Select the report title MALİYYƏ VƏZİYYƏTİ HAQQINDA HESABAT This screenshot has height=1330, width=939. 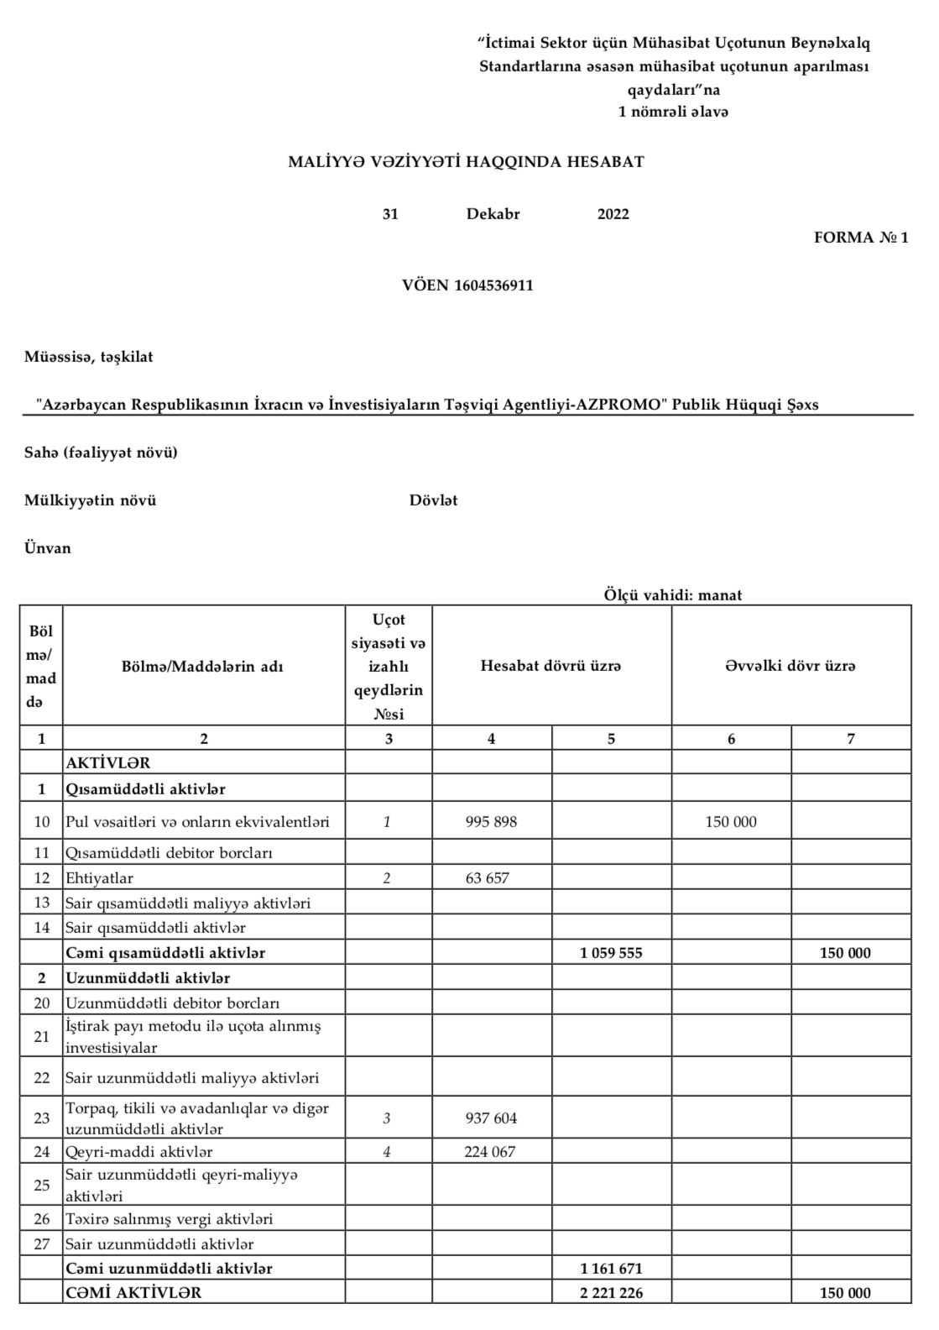coord(466,162)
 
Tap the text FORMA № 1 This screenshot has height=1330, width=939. coord(860,238)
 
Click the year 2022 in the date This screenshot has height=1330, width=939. coord(613,214)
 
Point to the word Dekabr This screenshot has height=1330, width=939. coord(493,214)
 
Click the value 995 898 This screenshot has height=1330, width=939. coord(491,822)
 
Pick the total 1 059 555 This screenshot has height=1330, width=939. coord(611,953)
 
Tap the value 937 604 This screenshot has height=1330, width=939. coord(491,1118)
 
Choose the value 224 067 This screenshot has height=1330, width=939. coord(490,1152)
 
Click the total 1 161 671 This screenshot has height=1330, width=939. coord(611,1269)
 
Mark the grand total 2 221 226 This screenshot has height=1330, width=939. coord(611,1293)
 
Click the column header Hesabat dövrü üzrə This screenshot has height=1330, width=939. coord(550,667)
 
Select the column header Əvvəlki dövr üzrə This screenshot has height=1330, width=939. coord(790,667)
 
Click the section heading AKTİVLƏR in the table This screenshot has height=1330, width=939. coord(107,763)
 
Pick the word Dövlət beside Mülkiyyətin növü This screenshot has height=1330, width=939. coord(433,501)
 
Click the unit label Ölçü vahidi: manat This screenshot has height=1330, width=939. coord(672,595)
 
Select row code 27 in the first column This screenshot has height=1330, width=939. coord(42,1244)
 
